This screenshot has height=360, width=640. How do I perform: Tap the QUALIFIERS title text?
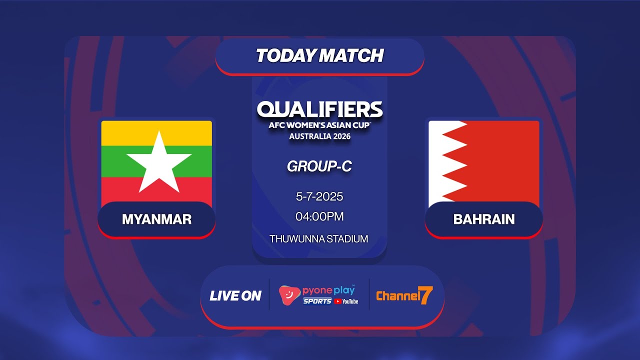click(319, 109)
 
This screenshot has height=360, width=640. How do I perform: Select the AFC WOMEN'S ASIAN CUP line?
click(319, 125)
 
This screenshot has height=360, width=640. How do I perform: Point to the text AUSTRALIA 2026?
click(319, 136)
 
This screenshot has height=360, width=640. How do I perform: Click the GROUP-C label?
click(319, 166)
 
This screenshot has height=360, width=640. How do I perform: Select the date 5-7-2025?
click(319, 196)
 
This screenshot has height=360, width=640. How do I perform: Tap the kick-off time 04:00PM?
click(319, 216)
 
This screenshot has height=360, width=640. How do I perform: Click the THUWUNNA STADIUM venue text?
click(319, 239)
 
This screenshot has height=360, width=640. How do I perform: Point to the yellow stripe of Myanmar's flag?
click(156, 133)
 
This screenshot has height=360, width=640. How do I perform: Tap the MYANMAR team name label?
click(156, 219)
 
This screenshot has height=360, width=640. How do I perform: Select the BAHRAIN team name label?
click(484, 219)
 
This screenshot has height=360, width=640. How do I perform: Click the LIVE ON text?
click(235, 296)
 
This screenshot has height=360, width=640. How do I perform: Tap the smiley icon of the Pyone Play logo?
click(289, 295)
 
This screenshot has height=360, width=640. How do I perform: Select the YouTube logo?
click(346, 301)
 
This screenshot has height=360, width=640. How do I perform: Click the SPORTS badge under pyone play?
click(317, 301)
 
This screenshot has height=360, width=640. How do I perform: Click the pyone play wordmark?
click(328, 291)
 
